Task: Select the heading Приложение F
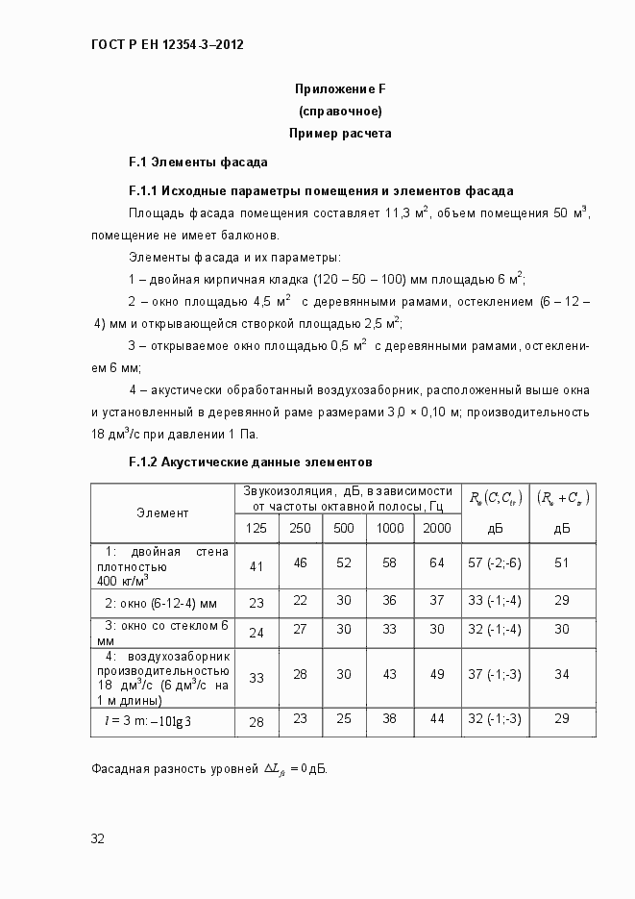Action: [340, 89]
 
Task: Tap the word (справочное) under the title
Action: [340, 112]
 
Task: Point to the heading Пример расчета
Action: [340, 134]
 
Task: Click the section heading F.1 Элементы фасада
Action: [198, 162]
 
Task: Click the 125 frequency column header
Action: [256, 528]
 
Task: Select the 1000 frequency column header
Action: [389, 528]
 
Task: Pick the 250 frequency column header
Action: [300, 528]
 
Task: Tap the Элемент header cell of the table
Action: [162, 513]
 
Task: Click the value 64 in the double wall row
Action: [437, 562]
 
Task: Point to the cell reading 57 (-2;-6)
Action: [495, 562]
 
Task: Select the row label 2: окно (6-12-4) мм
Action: [161, 602]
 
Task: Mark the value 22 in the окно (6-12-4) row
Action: [300, 600]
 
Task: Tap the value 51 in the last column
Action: [562, 562]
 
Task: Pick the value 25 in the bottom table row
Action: [344, 718]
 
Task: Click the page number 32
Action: [97, 838]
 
